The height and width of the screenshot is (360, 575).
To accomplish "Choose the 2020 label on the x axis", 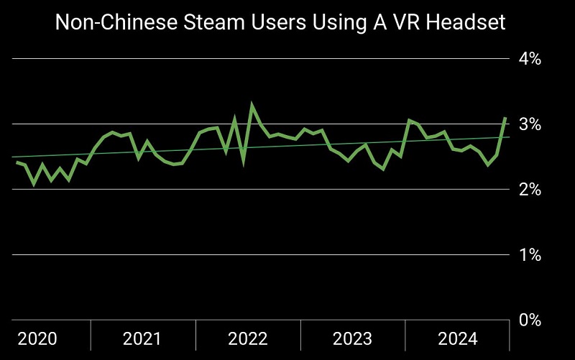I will (37, 338).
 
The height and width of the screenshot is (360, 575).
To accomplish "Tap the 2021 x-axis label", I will (142, 338).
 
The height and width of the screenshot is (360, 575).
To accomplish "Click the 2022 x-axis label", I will (248, 338).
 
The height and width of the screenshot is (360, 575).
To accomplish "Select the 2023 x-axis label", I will (353, 338).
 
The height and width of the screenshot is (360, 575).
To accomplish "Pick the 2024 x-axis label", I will (458, 338).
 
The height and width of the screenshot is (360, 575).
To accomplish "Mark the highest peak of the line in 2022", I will (252, 105).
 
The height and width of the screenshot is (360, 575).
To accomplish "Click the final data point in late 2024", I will (505, 117).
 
